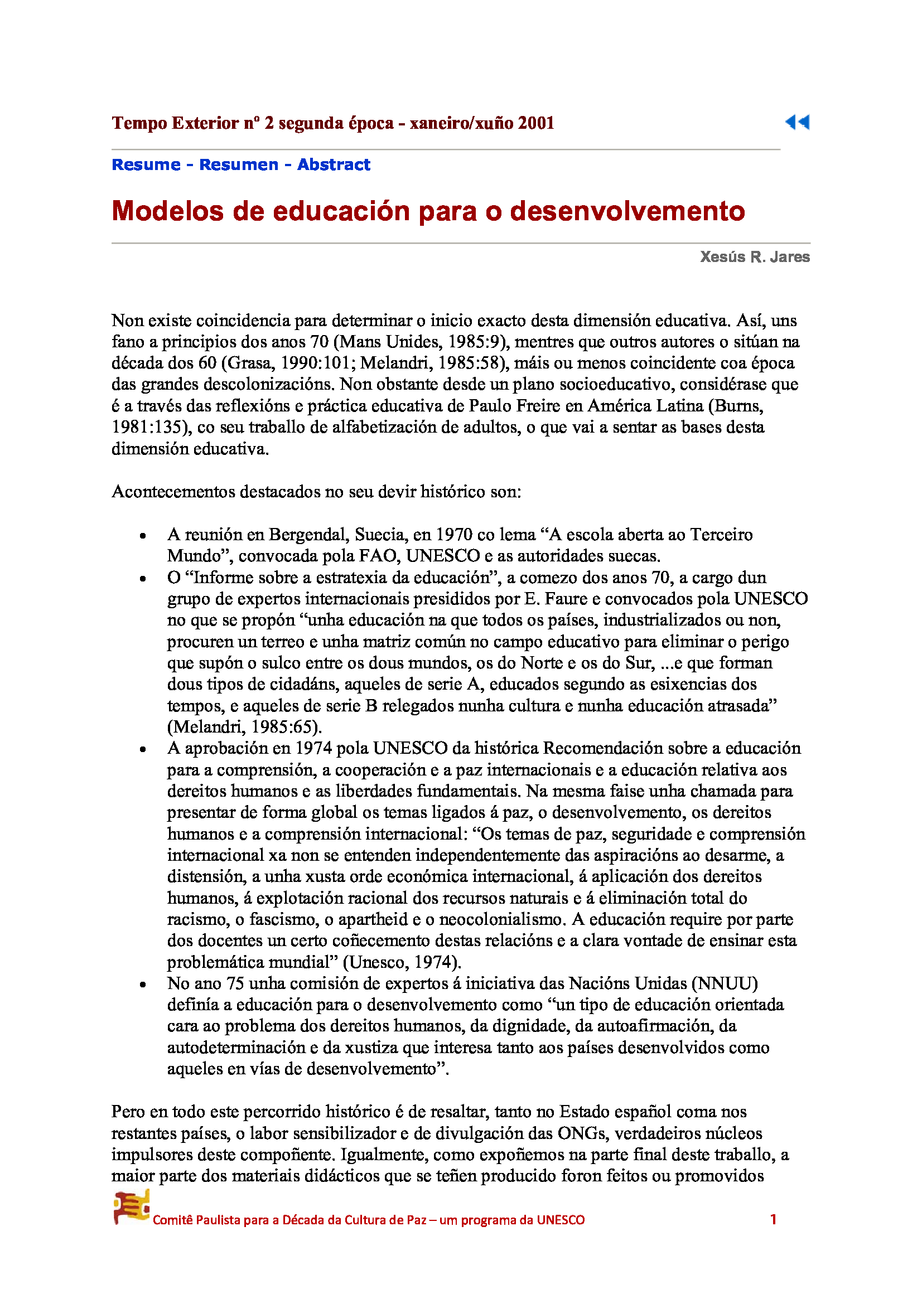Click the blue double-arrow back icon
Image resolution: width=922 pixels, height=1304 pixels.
click(x=797, y=122)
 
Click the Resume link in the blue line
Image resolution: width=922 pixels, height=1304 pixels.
click(x=146, y=164)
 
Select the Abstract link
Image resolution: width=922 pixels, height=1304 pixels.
click(x=334, y=164)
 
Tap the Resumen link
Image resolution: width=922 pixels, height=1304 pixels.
click(x=239, y=164)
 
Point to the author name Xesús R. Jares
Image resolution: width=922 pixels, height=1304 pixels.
click(x=755, y=257)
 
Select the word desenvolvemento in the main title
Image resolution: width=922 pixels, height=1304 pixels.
click(x=627, y=211)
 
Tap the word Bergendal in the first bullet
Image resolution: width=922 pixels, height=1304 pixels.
click(x=309, y=535)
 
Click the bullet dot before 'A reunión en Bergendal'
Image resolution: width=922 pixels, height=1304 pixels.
click(x=143, y=536)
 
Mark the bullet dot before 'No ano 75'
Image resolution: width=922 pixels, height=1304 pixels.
click(x=143, y=985)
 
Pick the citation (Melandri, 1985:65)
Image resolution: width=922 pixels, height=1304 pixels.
click(x=244, y=727)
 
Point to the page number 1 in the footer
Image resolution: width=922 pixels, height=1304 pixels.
click(x=773, y=1219)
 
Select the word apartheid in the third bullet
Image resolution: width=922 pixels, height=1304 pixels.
click(x=373, y=919)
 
